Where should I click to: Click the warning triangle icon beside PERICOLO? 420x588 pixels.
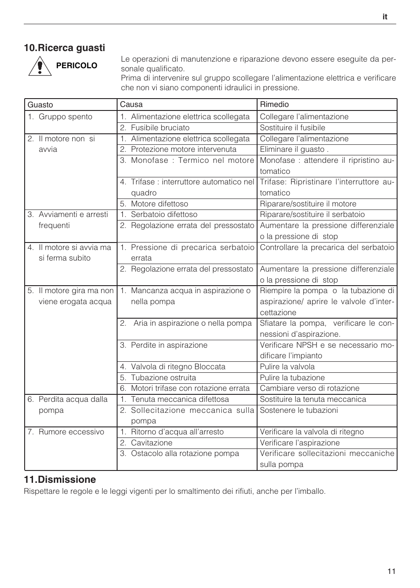point(40,67)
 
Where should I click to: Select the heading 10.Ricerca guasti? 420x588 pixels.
point(65,48)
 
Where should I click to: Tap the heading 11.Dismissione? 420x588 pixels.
point(60,479)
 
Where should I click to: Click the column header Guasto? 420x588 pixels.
point(41,105)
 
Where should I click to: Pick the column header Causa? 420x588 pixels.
point(131,104)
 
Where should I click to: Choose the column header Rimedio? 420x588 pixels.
point(274,104)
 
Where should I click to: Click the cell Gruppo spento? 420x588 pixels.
point(65,117)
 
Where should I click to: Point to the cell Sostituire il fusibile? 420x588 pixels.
point(292,128)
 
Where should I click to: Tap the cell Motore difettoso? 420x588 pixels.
point(159,204)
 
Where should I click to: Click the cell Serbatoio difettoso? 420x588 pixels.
point(164,214)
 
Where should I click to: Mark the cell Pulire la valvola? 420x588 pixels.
point(287,367)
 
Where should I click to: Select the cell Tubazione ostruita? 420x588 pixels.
point(163,378)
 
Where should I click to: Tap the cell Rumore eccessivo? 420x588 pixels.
point(71,432)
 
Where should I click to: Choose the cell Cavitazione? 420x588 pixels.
point(151,443)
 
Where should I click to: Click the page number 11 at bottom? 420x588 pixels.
point(391,571)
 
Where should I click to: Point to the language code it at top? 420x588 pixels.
point(385,17)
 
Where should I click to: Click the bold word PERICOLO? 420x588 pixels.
point(77,66)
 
